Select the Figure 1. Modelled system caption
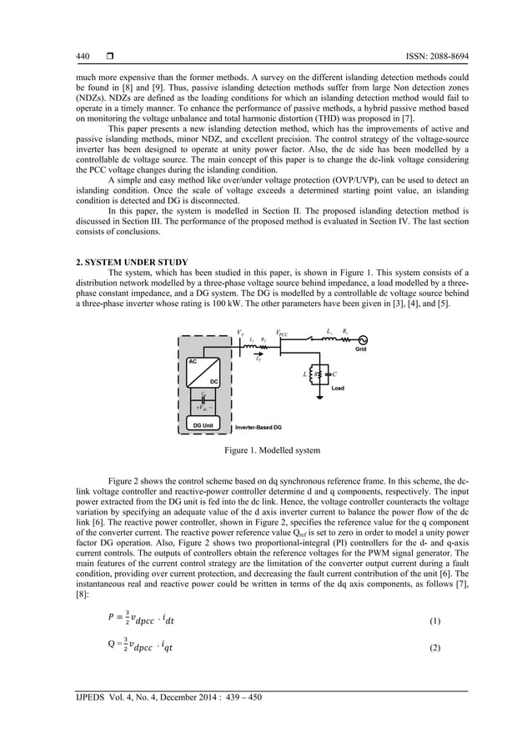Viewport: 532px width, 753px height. (x=266, y=450)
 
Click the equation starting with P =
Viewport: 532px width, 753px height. (x=143, y=620)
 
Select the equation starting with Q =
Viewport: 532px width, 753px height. (x=143, y=646)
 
